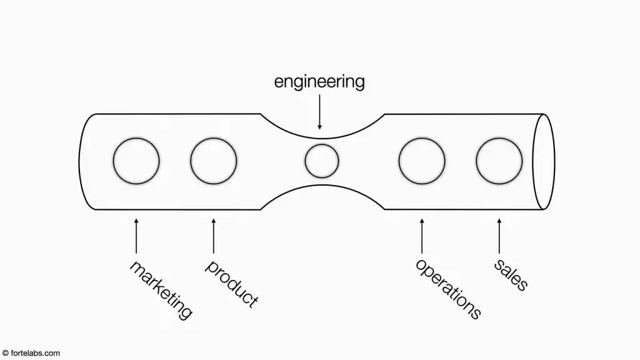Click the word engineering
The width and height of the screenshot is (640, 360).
[x=319, y=82]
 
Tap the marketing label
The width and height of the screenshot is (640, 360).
[x=161, y=290]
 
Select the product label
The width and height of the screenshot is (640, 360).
[x=231, y=283]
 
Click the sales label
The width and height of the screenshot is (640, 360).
[x=511, y=274]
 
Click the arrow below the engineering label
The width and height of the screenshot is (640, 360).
[x=319, y=112]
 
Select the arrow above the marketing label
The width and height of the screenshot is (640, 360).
[x=136, y=236]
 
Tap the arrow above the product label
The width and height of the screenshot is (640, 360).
[x=214, y=236]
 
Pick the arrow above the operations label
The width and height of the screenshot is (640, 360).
[x=422, y=236]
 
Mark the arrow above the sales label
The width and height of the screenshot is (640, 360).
[x=499, y=236]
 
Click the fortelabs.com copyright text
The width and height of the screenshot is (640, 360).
[x=31, y=353]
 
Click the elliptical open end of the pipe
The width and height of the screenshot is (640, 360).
[x=533, y=162]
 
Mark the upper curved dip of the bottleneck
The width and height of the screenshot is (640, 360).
[x=322, y=138]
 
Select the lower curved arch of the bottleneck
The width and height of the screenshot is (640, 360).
[x=322, y=185]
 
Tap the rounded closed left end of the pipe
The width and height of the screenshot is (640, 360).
[x=79, y=162]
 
